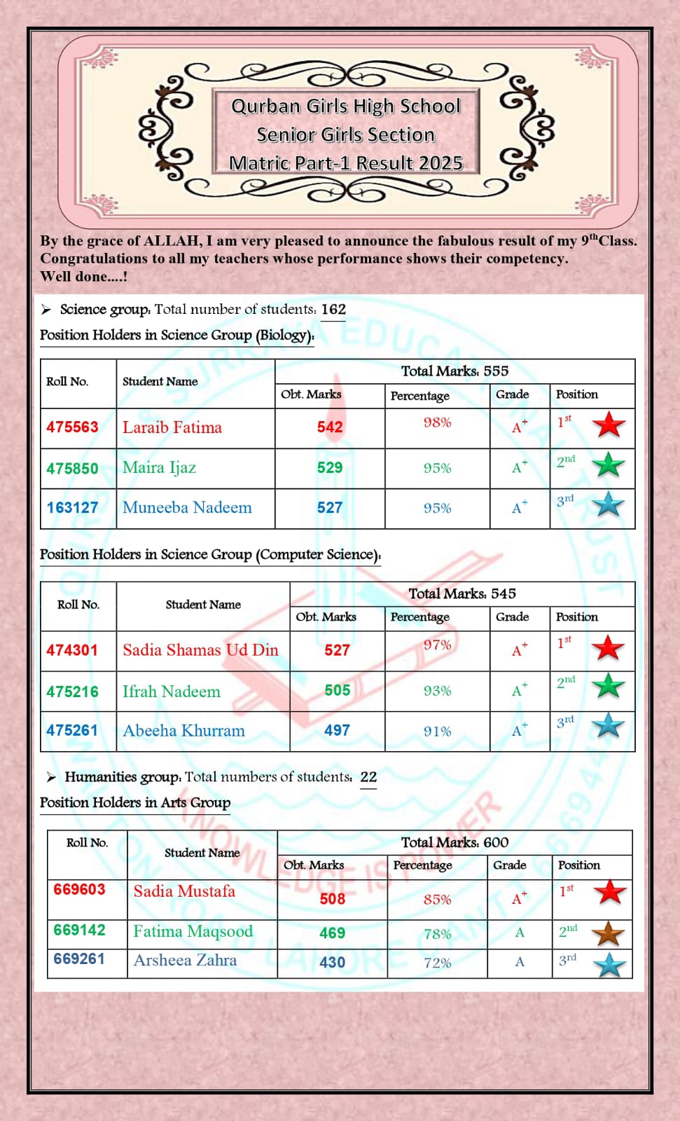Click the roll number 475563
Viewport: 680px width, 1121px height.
pos(72,427)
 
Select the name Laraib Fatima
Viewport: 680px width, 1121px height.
pos(172,427)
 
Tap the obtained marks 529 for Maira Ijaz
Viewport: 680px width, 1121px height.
pos(330,468)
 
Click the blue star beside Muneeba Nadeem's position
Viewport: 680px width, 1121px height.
pos(609,504)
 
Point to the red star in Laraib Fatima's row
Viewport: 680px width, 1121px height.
pos(609,425)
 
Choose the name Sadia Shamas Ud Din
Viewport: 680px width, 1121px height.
pos(200,650)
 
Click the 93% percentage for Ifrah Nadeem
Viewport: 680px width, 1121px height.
pos(437,691)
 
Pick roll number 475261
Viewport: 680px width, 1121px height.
pos(72,730)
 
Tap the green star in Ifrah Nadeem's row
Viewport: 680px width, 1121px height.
pos(609,686)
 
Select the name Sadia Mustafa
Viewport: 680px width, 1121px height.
pos(184,891)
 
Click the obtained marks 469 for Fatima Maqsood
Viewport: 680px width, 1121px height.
pos(332,933)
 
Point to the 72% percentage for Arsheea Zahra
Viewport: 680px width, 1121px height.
pos(437,963)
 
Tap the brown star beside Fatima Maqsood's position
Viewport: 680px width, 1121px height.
pos(609,933)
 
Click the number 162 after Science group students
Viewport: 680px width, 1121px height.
pos(333,309)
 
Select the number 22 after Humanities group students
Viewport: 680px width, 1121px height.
pos(368,776)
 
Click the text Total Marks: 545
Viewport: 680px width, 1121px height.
pos(462,593)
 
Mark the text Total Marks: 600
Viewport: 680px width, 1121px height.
pos(455,842)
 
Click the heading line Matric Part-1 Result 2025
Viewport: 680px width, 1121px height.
pos(346,163)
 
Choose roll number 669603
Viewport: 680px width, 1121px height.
pos(79,889)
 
